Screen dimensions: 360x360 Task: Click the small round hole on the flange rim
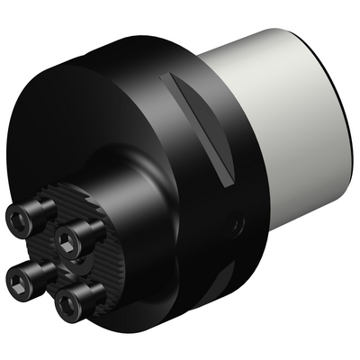click(238, 220)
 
